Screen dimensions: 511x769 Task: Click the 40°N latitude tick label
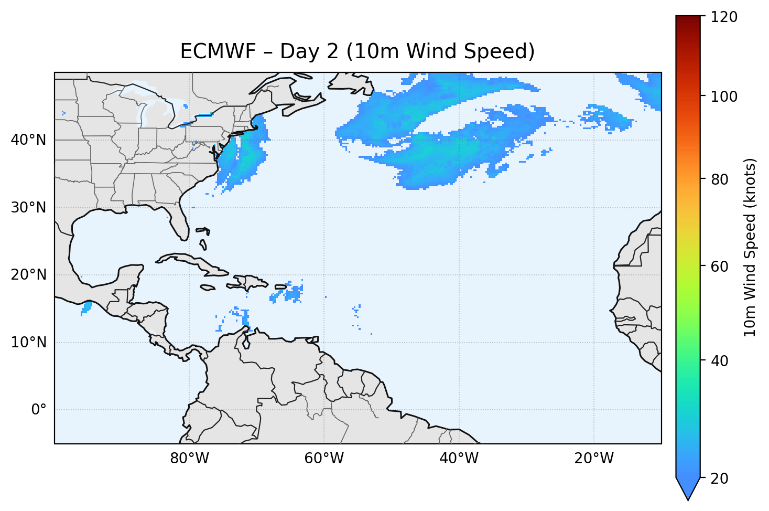pos(28,140)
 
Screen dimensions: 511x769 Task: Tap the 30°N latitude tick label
pos(28,208)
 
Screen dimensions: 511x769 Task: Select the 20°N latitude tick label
pos(28,275)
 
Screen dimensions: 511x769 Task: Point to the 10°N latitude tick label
pos(28,343)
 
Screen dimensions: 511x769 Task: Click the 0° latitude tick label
pos(39,410)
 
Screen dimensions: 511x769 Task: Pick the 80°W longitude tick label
pos(189,459)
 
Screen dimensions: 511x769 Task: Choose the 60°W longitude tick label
pos(324,459)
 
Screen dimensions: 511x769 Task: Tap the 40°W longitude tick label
pos(459,459)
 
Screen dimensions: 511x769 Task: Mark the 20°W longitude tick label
pos(593,459)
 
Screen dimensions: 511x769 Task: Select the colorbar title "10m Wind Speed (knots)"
pos(750,248)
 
